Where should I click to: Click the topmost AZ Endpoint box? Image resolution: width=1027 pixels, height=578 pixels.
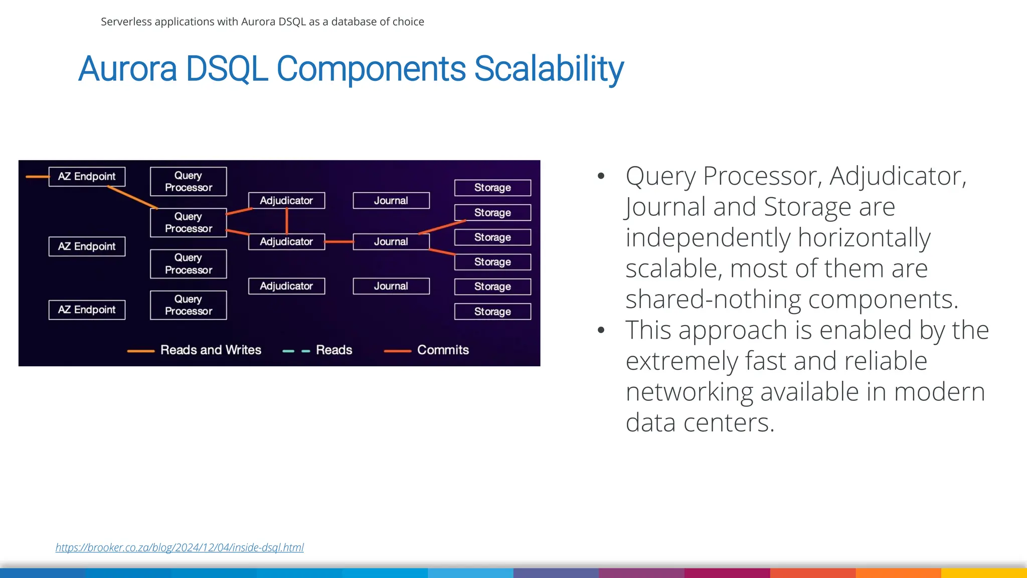(87, 177)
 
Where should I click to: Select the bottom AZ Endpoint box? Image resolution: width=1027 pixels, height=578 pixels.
(87, 310)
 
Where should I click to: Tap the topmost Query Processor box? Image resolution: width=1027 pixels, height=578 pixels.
(189, 182)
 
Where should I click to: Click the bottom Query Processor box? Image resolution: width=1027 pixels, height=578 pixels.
(189, 305)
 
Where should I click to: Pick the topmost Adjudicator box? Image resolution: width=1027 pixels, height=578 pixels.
(286, 201)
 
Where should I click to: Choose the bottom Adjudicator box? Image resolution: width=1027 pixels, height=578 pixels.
(286, 286)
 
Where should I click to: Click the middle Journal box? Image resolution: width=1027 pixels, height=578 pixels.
(391, 242)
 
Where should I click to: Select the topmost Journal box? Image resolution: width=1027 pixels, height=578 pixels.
(391, 201)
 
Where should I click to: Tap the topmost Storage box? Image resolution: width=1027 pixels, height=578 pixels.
(492, 188)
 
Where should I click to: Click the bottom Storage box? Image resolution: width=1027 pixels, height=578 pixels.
(492, 312)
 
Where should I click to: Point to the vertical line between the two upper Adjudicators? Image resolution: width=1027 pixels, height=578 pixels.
(287, 221)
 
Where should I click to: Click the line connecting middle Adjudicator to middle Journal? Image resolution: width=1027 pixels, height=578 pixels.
(339, 242)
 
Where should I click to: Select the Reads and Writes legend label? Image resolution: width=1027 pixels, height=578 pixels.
(211, 350)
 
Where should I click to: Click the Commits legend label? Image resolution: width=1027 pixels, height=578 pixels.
(443, 350)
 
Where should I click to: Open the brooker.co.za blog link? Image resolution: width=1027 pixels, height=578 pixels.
(180, 547)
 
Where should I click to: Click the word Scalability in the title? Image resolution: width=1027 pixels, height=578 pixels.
(549, 69)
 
